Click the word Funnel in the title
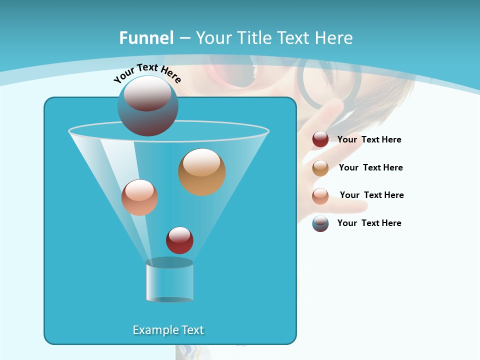[146, 37]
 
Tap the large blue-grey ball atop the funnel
[147, 106]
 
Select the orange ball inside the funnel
[201, 172]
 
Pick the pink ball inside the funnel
[139, 197]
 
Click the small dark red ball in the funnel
[179, 240]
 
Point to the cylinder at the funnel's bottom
[169, 280]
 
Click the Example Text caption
[168, 330]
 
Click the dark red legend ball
[320, 139]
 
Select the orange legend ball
[320, 168]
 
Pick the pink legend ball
[320, 196]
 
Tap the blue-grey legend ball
[320, 223]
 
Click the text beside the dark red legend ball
[369, 139]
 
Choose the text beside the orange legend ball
[370, 167]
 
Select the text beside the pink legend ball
[371, 195]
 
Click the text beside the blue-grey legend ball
[369, 223]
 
